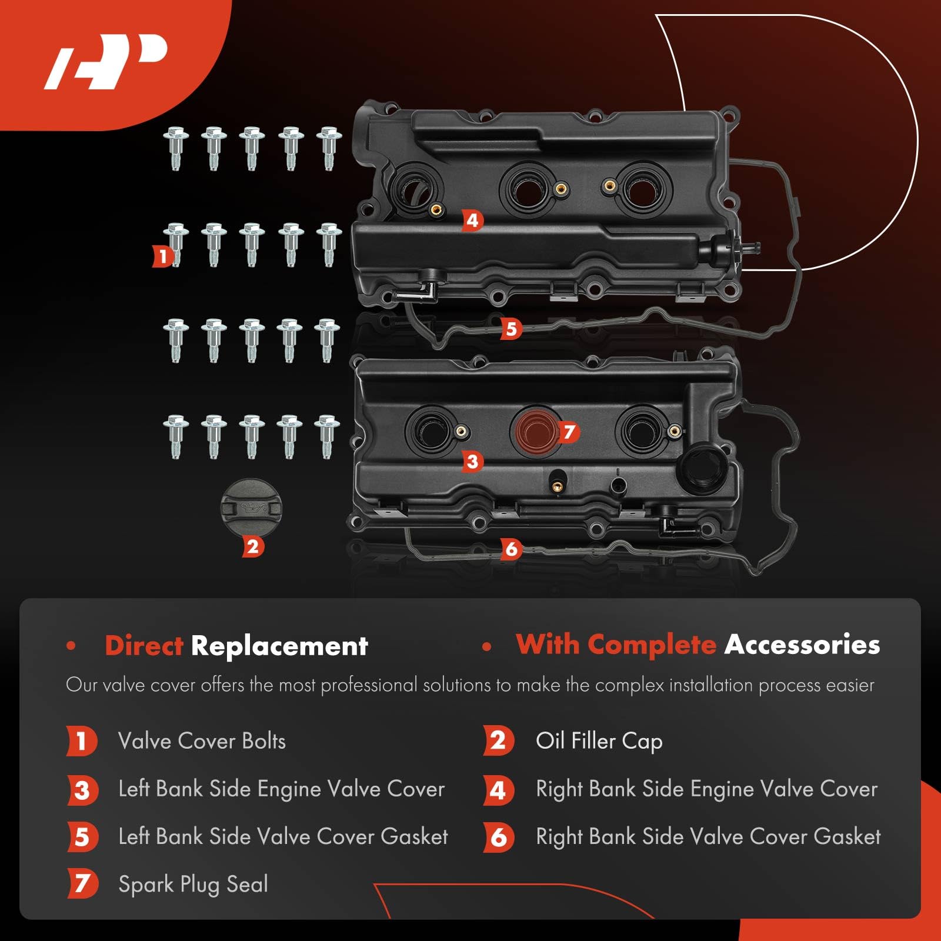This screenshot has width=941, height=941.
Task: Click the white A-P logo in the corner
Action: [x=106, y=61]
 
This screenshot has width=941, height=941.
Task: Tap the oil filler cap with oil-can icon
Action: [x=251, y=507]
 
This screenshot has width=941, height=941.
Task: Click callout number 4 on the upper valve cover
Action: [x=472, y=221]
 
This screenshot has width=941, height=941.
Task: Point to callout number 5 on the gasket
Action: [x=511, y=329]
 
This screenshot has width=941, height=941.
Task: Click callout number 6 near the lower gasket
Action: [x=511, y=549]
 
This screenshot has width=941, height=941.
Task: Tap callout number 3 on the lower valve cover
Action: [x=472, y=462]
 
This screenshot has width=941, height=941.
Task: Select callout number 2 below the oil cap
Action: [x=253, y=547]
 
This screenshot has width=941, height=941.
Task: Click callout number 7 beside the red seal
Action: [x=568, y=432]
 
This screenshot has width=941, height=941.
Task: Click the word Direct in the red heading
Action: [x=144, y=646]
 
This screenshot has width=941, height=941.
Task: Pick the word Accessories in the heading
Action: [x=802, y=645]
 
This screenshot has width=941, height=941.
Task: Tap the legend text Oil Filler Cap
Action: [x=599, y=741]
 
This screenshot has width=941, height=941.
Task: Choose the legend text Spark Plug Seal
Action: [x=193, y=884]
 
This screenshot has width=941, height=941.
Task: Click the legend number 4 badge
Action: [x=498, y=790]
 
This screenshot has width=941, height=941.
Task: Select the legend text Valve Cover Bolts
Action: [x=202, y=741]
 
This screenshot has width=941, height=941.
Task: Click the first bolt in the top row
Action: [x=176, y=148]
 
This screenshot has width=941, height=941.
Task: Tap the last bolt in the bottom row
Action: [x=327, y=436]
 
